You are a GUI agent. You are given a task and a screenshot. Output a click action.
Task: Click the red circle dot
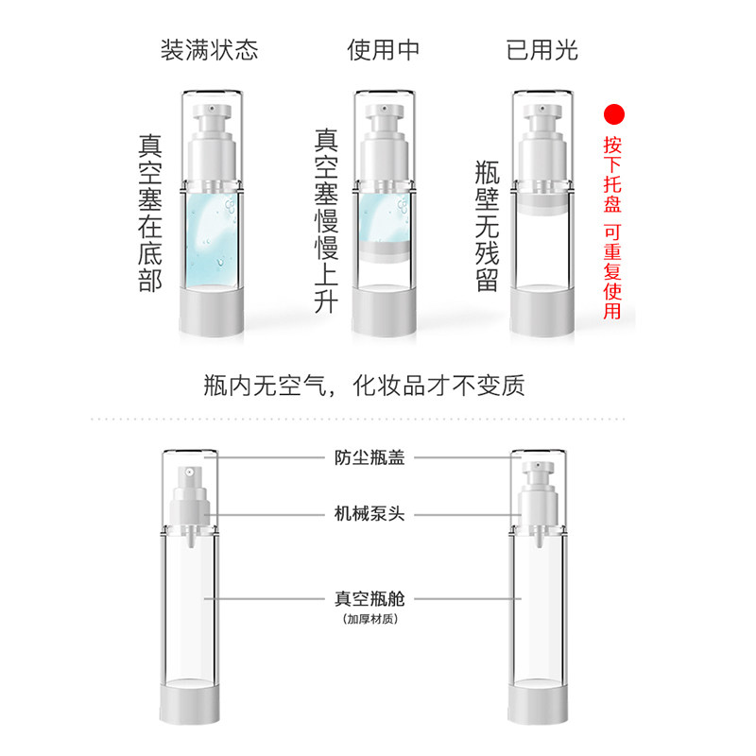[x=615, y=115]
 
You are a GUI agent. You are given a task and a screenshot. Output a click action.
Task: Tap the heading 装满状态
[x=209, y=50]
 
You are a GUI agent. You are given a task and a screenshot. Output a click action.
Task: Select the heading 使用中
[x=383, y=50]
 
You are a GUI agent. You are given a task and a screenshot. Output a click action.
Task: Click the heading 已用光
[x=541, y=50]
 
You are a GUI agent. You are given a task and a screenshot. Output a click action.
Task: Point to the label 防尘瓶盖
[x=366, y=456]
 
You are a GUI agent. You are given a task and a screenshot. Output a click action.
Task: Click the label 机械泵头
[x=366, y=515]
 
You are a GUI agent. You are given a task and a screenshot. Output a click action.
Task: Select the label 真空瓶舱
[x=366, y=598]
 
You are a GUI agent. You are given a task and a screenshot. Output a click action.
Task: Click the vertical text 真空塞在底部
[x=150, y=214]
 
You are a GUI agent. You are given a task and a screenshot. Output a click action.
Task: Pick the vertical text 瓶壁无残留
[x=488, y=227]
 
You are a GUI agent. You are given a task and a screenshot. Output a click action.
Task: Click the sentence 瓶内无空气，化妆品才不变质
[x=364, y=386]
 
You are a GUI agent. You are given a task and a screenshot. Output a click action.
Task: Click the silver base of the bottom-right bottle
[x=541, y=710]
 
